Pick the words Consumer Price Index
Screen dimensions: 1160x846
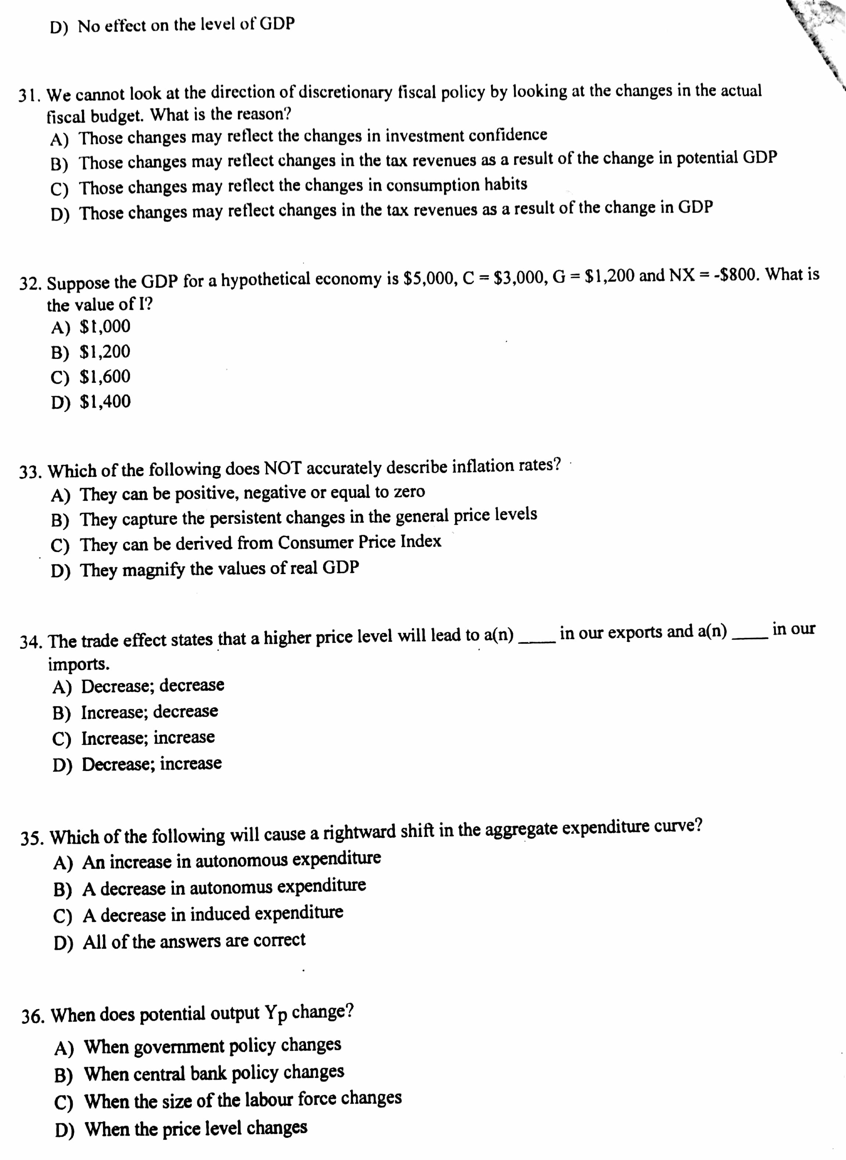pos(359,542)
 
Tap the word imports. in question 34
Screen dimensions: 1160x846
pos(78,665)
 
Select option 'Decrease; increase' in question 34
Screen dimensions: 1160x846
pos(152,764)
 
